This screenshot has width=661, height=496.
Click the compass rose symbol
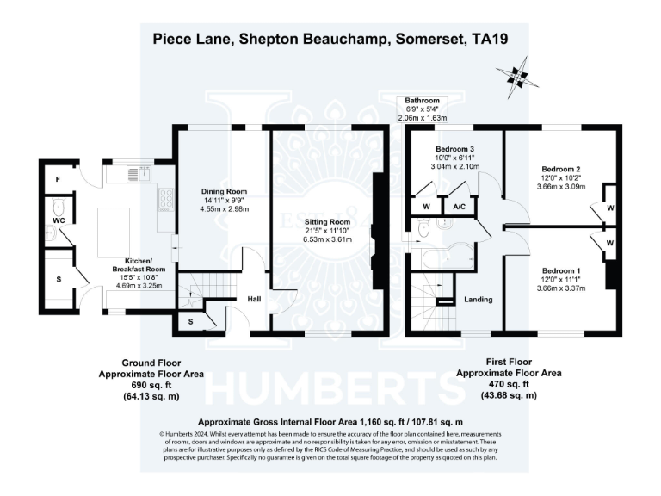[517, 76]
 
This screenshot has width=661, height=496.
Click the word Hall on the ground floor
[255, 299]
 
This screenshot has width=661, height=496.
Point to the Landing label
[478, 300]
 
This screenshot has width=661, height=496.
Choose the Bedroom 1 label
[560, 270]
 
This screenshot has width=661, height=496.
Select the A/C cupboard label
[458, 207]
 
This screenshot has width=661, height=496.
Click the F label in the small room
[58, 179]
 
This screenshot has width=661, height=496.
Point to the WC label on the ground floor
[58, 220]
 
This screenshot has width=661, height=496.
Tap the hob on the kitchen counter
[164, 201]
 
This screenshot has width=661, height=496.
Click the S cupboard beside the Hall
[189, 322]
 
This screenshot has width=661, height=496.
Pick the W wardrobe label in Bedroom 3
[426, 207]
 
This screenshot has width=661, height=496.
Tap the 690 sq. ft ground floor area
[151, 385]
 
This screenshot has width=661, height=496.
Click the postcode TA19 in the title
[485, 38]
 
